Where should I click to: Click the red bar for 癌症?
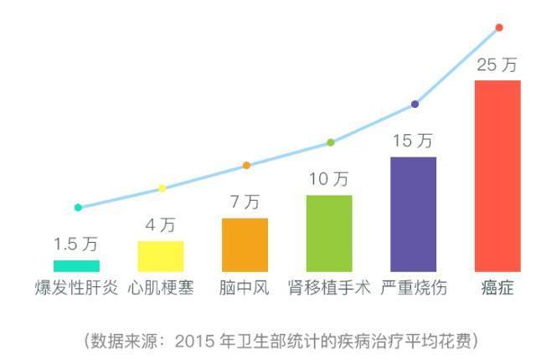497,176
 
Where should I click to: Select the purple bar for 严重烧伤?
413,213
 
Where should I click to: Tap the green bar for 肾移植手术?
329,233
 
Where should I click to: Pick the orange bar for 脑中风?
245,244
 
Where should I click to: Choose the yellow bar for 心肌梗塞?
160,255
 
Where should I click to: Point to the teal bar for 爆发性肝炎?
76,265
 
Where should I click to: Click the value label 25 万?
497,65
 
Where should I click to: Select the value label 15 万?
413,141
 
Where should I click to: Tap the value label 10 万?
329,178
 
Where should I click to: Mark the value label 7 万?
245,202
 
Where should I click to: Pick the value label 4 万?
160,224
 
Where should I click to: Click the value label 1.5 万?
76,244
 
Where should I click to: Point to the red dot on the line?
499,28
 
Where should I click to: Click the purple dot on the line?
415,104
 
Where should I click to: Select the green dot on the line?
330,142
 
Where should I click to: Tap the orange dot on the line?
246,165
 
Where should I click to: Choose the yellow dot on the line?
162,188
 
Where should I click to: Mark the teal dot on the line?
78,207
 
